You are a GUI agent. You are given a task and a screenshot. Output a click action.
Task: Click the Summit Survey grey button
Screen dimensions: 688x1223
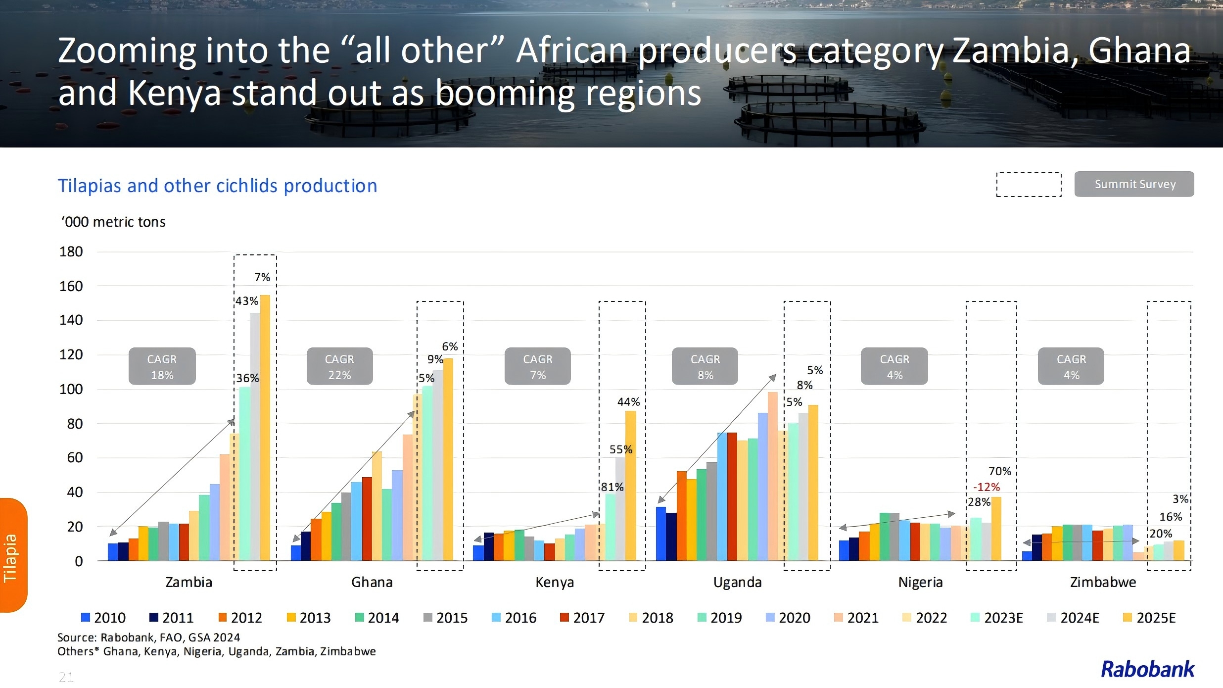[x=1134, y=184]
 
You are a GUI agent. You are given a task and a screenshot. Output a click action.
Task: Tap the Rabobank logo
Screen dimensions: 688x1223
[x=1147, y=670]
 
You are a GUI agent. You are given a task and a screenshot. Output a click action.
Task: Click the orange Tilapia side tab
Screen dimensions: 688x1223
[x=13, y=555]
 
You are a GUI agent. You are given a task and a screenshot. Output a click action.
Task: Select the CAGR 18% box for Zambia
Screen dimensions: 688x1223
[x=162, y=366]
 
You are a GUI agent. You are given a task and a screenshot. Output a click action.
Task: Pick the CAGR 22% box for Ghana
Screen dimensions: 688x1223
[x=339, y=366]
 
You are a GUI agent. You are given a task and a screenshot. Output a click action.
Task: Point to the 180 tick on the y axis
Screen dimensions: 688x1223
[x=71, y=252]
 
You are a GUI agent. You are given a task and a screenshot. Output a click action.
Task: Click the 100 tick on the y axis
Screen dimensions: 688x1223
[x=71, y=390]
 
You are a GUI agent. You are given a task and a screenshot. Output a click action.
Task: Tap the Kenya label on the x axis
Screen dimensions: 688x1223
[x=555, y=582]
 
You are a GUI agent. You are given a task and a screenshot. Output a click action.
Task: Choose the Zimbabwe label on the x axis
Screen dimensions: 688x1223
[x=1103, y=582]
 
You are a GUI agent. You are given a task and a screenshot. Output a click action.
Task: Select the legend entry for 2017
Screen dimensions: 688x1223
[x=582, y=618]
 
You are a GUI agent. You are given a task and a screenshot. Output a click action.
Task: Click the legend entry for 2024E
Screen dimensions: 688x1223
[x=1073, y=618]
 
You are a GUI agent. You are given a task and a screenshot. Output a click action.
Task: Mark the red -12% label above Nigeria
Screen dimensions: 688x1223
[x=987, y=487]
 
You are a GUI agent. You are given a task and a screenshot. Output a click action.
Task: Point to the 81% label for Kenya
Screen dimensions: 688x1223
[x=612, y=487]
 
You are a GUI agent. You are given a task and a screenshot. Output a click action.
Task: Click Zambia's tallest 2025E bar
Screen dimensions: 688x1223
[x=265, y=428]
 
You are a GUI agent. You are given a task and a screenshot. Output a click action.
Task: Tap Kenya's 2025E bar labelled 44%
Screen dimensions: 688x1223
[x=631, y=485]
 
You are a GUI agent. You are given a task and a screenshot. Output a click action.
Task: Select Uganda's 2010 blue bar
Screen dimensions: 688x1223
[x=661, y=534]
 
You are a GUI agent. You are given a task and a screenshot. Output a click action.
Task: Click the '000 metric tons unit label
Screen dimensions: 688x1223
[x=113, y=222]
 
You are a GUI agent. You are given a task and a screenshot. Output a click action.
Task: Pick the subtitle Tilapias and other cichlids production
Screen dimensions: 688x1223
[x=217, y=186]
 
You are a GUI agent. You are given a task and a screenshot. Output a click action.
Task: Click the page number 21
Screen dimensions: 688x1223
[x=66, y=677]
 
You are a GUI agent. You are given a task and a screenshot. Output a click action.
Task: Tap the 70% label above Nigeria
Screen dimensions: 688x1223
[x=1000, y=471]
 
